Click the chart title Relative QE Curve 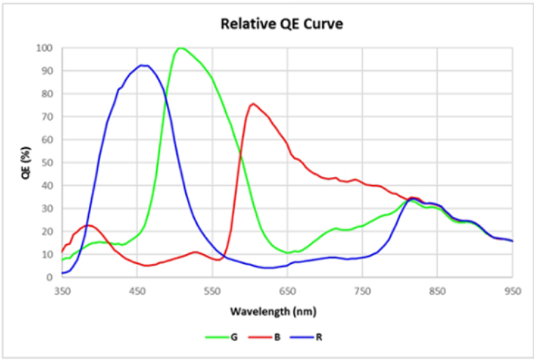pyautogui.click(x=281, y=24)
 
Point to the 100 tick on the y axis pyautogui.click(x=45, y=48)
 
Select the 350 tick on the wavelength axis pyautogui.click(x=62, y=290)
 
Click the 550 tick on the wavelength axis pyautogui.click(x=213, y=290)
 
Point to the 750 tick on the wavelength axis pyautogui.click(x=363, y=290)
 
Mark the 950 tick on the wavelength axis pyautogui.click(x=513, y=290)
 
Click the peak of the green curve pyautogui.click(x=180, y=48)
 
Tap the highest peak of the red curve pyautogui.click(x=253, y=104)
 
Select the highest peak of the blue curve pyautogui.click(x=142, y=65)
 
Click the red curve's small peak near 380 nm pyautogui.click(x=88, y=225)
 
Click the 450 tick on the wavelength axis pyautogui.click(x=138, y=290)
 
